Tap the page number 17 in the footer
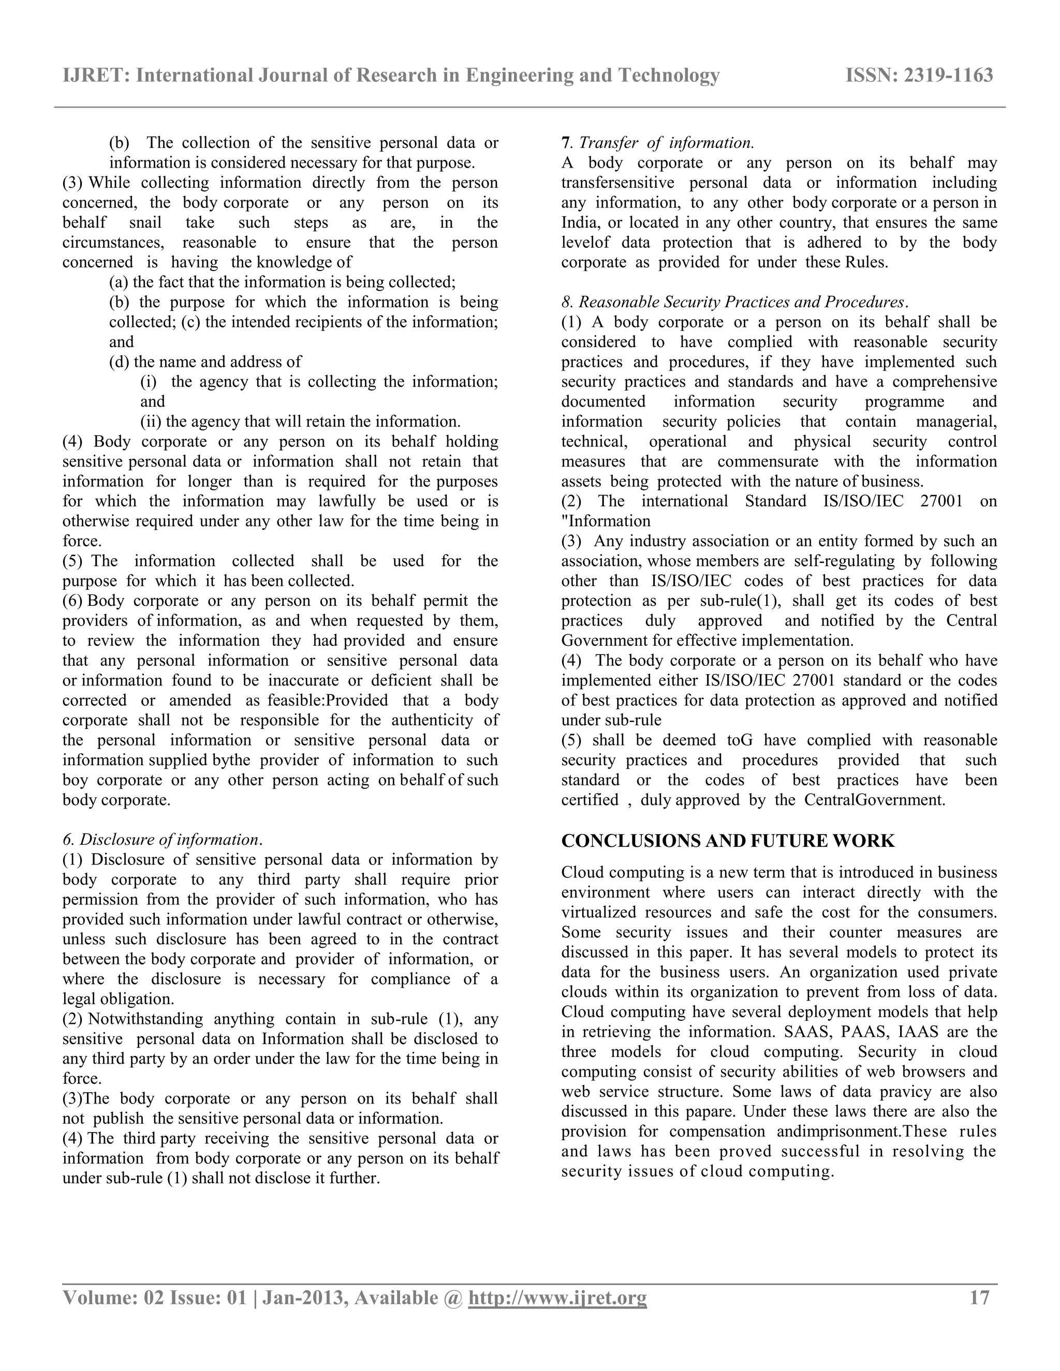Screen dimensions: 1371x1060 point(980,1298)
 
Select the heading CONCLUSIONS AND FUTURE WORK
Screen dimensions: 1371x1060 point(728,841)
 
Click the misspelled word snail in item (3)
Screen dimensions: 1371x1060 point(145,223)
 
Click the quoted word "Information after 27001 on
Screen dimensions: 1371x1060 point(606,521)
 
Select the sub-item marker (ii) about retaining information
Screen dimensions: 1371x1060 point(150,421)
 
